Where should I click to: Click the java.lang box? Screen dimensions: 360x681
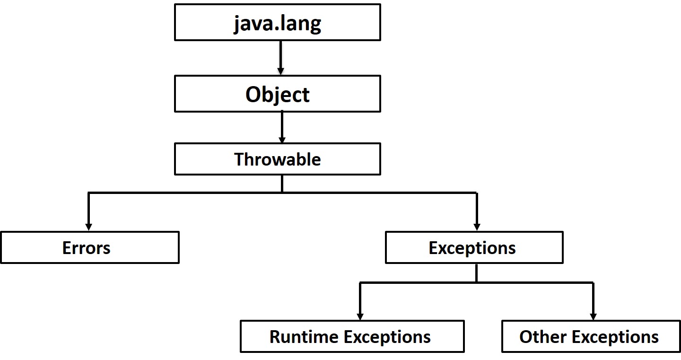point(277,22)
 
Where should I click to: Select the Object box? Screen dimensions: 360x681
point(277,95)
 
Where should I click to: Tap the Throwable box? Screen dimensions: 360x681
point(277,159)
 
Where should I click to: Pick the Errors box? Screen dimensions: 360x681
point(89,247)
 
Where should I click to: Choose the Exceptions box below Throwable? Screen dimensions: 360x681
point(474,247)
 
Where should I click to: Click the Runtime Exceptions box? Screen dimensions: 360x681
point(352,336)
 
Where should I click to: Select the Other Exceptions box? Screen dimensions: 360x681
point(591,336)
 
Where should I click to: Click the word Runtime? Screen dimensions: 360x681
point(304,336)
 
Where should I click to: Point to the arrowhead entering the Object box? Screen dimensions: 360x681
point(281,71)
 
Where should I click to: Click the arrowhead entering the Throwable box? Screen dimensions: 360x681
point(282,140)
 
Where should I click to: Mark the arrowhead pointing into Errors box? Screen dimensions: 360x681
point(88,227)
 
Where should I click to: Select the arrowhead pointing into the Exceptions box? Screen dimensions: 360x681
point(477,227)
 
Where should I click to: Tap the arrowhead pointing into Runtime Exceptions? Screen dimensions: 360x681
point(360,316)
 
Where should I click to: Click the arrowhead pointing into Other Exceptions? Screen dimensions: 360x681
point(593,316)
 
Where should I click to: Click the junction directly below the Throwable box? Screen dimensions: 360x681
point(282,193)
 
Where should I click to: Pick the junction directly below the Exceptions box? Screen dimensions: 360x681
point(476,282)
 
